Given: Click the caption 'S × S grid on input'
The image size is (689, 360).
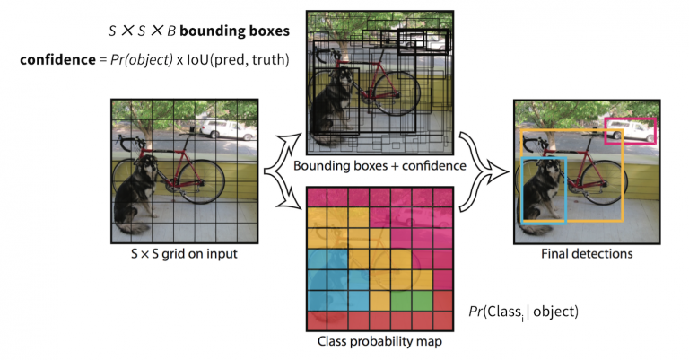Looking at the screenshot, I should click(185, 253).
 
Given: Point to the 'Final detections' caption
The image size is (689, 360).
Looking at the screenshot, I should click(586, 254).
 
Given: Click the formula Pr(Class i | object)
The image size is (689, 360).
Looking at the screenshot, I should click(523, 312).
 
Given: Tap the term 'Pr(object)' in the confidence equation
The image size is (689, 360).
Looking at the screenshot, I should click(149, 60).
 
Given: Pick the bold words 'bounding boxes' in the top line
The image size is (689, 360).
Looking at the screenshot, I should click(237, 31).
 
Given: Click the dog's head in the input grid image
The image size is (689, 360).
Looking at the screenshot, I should click(145, 168).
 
